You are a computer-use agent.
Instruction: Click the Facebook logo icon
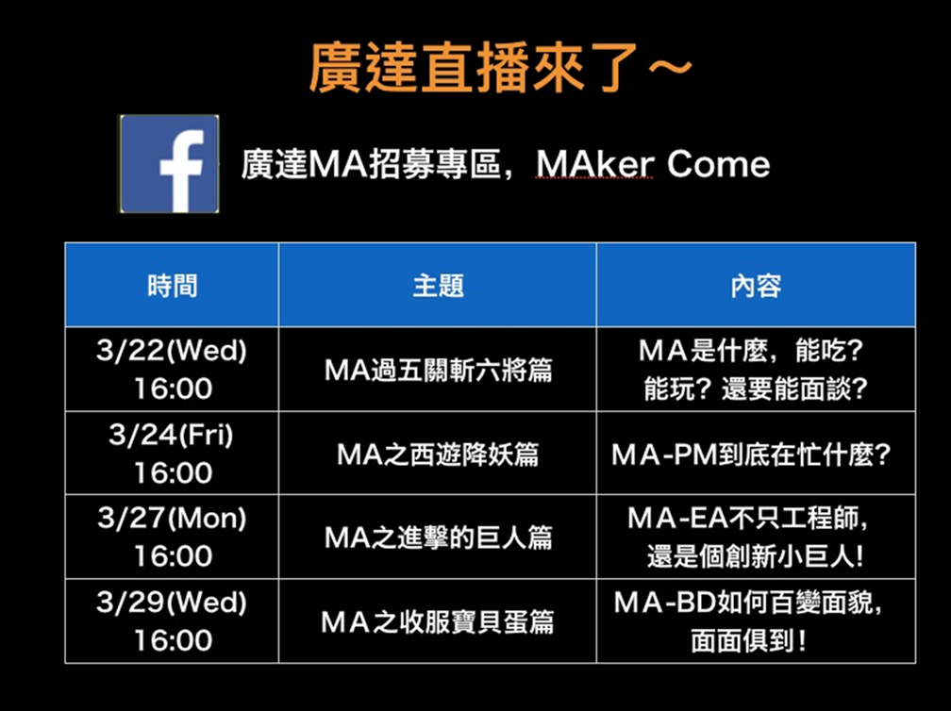[x=169, y=164]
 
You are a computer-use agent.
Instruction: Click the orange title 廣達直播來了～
[x=501, y=67]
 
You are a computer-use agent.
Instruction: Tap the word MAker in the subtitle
[x=595, y=164]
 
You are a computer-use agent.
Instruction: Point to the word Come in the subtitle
[x=719, y=164]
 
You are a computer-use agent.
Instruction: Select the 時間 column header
[x=173, y=286]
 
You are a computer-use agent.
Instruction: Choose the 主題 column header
[x=438, y=286]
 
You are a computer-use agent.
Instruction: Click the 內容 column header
[x=756, y=286]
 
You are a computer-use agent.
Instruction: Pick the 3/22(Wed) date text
[x=172, y=351]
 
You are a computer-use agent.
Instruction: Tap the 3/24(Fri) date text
[x=172, y=435]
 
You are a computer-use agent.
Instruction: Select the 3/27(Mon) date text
[x=172, y=519]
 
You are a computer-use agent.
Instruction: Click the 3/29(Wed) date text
[x=172, y=602]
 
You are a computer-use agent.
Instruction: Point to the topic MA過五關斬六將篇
[x=438, y=370]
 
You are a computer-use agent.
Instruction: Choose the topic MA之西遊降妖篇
[x=438, y=454]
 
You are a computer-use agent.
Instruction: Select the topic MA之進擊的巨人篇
[x=438, y=537]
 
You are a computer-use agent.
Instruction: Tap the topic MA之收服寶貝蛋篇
[x=438, y=622]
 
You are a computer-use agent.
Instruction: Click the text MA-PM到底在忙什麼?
[x=751, y=455]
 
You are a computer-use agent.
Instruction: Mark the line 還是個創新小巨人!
[x=755, y=556]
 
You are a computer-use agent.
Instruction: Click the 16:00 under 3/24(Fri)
[x=173, y=472]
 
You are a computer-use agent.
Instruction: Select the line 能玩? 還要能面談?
[x=756, y=389]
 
